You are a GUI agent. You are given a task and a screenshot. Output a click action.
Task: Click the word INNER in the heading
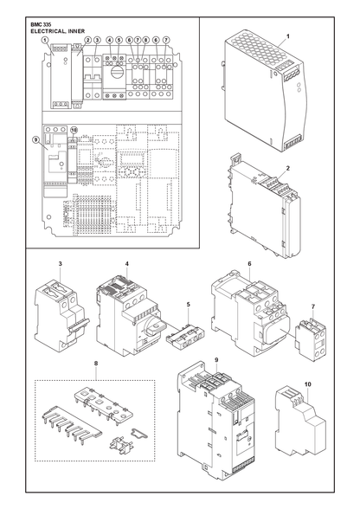(x=77, y=31)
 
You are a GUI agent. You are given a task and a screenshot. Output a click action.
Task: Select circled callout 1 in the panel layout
(x=45, y=40)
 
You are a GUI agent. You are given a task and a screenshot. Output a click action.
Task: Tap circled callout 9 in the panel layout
(x=35, y=139)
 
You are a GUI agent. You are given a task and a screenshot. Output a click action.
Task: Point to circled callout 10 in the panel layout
(x=74, y=130)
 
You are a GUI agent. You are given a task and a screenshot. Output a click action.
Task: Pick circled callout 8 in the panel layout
(x=145, y=40)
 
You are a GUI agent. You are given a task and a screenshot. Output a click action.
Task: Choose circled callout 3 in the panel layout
(x=97, y=40)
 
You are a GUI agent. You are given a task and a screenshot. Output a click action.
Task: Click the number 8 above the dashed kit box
(x=96, y=364)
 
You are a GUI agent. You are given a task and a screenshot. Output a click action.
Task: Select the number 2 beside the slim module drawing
(x=288, y=168)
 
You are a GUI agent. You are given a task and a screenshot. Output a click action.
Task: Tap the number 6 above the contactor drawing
(x=249, y=264)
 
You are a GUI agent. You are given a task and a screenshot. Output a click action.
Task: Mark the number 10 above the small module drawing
(x=308, y=384)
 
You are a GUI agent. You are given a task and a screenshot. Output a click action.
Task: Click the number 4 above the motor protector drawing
(x=126, y=264)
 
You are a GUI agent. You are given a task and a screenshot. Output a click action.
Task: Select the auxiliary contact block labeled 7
(x=311, y=339)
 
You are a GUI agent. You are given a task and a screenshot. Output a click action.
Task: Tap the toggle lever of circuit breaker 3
(x=80, y=325)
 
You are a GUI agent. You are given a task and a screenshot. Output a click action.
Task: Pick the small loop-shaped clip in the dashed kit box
(x=138, y=433)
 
